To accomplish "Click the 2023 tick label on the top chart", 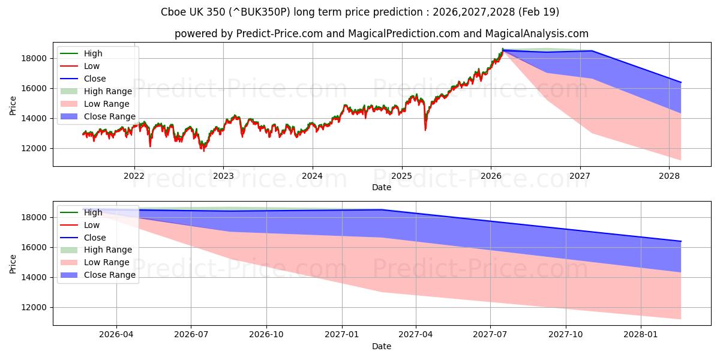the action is pyautogui.click(x=223, y=176).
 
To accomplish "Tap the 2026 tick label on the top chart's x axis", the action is pyautogui.click(x=491, y=176).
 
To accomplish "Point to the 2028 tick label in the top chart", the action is pyautogui.click(x=669, y=176).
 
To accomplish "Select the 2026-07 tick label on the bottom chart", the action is pyautogui.click(x=191, y=335).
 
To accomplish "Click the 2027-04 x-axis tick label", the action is pyautogui.click(x=416, y=335).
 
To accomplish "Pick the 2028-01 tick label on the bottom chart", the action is pyautogui.click(x=641, y=335).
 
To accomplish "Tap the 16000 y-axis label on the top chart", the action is pyautogui.click(x=34, y=88).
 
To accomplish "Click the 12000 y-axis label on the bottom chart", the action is pyautogui.click(x=34, y=308).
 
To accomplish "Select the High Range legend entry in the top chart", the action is pyautogui.click(x=97, y=91).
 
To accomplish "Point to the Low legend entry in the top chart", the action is pyautogui.click(x=80, y=66).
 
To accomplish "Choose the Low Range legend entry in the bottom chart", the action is pyautogui.click(x=95, y=262).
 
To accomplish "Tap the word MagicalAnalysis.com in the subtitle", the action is pyautogui.click(x=537, y=34).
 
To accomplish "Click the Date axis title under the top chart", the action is pyautogui.click(x=382, y=187).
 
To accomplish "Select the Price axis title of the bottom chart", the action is pyautogui.click(x=13, y=264).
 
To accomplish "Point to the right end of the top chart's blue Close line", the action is pyautogui.click(x=681, y=82).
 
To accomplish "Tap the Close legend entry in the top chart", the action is pyautogui.click(x=83, y=79).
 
